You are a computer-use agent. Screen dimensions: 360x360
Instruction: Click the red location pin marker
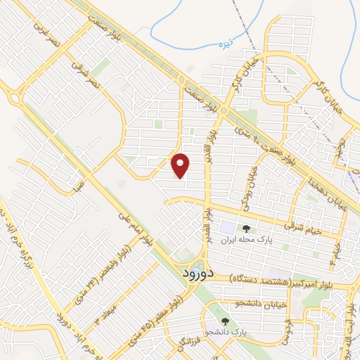click(x=181, y=165)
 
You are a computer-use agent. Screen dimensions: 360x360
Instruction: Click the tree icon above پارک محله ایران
click(x=246, y=228)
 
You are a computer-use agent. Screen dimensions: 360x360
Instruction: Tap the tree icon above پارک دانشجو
click(x=225, y=321)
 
